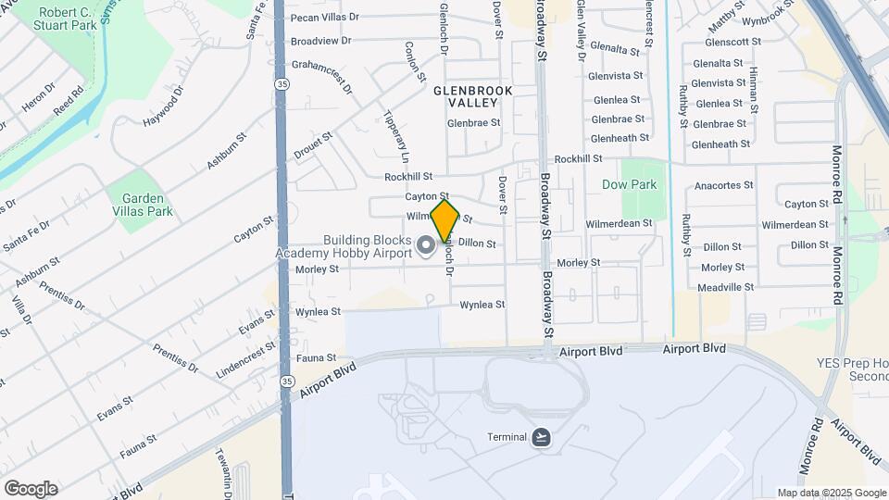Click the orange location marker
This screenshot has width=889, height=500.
tap(444, 220)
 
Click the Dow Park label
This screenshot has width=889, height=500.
tap(629, 184)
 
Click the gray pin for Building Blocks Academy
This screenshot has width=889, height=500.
tap(426, 245)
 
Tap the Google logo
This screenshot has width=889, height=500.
tap(31, 488)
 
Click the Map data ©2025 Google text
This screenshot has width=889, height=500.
tap(830, 493)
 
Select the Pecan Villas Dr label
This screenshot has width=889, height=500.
tap(324, 18)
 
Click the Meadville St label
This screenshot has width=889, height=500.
tap(726, 287)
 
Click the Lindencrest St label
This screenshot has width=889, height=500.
tap(246, 358)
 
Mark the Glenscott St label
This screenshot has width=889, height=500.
tap(732, 42)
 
